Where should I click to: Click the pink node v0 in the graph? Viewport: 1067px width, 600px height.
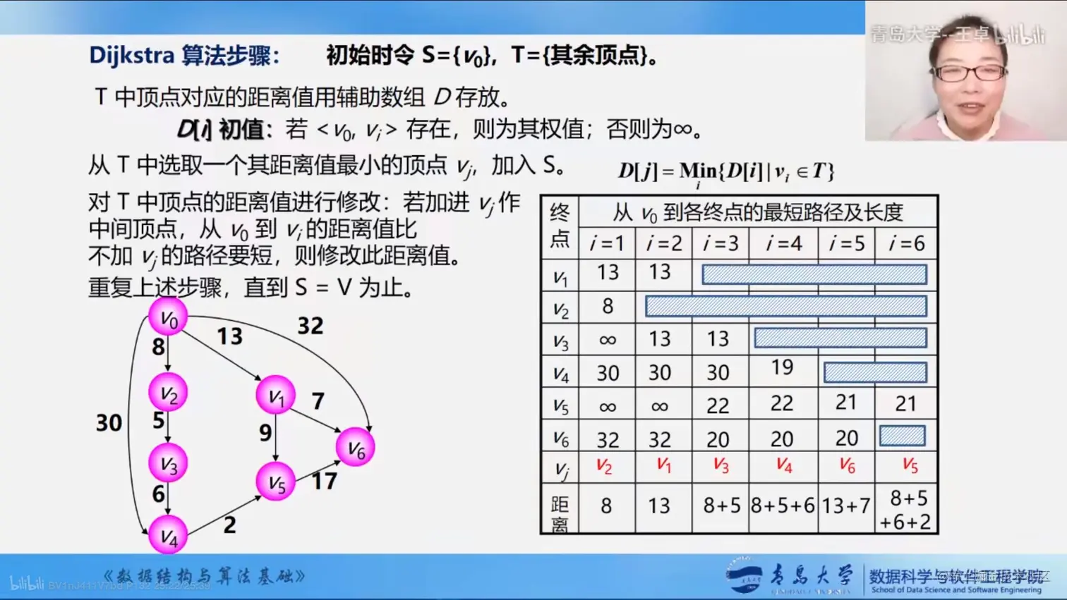point(168,317)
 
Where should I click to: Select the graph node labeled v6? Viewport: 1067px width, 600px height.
point(355,448)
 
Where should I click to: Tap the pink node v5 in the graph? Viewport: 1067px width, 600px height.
point(275,482)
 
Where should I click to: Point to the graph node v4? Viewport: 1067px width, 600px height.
point(168,536)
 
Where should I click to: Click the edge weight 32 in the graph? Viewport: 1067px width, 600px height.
point(310,326)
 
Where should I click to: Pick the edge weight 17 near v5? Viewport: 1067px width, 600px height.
point(324,482)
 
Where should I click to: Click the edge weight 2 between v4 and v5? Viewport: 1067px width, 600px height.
point(229,525)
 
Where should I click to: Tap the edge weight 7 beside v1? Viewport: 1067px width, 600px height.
point(318,401)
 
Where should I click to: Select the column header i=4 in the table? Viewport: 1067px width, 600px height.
point(784,243)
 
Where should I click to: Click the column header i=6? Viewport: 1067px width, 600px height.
point(906,243)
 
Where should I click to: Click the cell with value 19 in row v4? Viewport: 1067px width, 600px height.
point(782,367)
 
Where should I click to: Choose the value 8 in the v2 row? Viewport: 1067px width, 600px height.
point(608,306)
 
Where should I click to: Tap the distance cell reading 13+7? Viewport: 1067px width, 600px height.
point(845,506)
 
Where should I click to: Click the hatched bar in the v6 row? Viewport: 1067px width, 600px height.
point(902,436)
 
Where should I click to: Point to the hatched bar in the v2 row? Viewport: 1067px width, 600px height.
point(785,306)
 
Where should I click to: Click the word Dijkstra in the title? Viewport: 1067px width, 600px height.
point(131,55)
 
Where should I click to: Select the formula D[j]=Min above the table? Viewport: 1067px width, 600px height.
point(725,172)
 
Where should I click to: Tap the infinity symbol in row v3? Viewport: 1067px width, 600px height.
point(607,340)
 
